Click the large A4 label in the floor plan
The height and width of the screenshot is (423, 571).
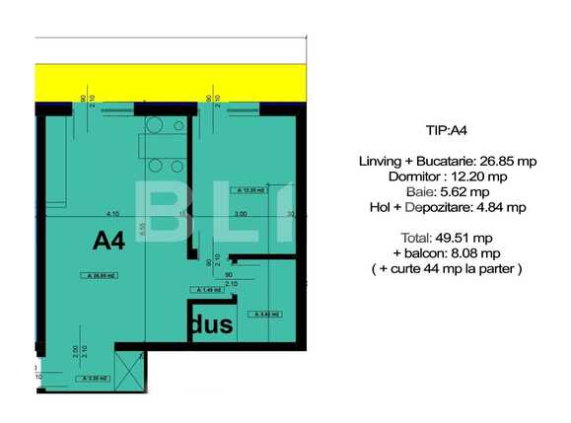click(108, 241)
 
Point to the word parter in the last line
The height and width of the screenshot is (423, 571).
click(495, 267)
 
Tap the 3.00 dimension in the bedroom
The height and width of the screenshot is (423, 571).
click(240, 213)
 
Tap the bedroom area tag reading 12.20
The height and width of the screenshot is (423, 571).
click(251, 191)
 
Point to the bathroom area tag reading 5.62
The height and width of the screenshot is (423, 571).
click(265, 314)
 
